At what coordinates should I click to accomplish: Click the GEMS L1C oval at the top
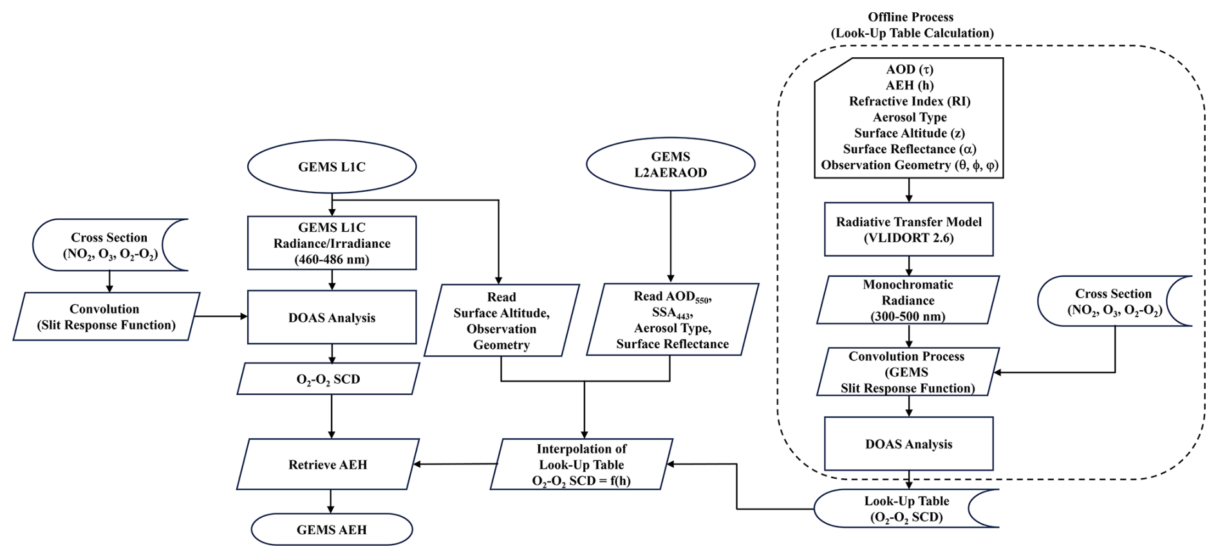click(332, 167)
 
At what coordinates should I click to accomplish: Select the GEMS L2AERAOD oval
click(670, 164)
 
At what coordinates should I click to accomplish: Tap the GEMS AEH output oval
click(332, 530)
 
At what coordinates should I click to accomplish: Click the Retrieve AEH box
click(328, 464)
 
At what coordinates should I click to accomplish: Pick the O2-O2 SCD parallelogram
click(328, 379)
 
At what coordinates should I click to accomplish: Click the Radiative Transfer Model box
click(908, 230)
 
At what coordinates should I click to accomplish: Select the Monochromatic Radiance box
click(908, 300)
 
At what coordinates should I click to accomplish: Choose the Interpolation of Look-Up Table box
click(581, 464)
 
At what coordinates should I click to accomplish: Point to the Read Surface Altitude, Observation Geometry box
click(501, 321)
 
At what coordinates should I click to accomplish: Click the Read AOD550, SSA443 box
click(672, 320)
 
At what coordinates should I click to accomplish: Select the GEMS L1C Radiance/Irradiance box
click(332, 243)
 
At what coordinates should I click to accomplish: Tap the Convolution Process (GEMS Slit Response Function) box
click(907, 372)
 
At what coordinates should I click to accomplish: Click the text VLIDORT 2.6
click(908, 238)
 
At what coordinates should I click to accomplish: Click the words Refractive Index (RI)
click(909, 101)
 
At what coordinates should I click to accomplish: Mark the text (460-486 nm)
click(332, 259)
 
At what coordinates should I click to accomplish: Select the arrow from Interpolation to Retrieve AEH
click(456, 464)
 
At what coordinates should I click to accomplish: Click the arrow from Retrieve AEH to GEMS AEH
click(331, 501)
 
